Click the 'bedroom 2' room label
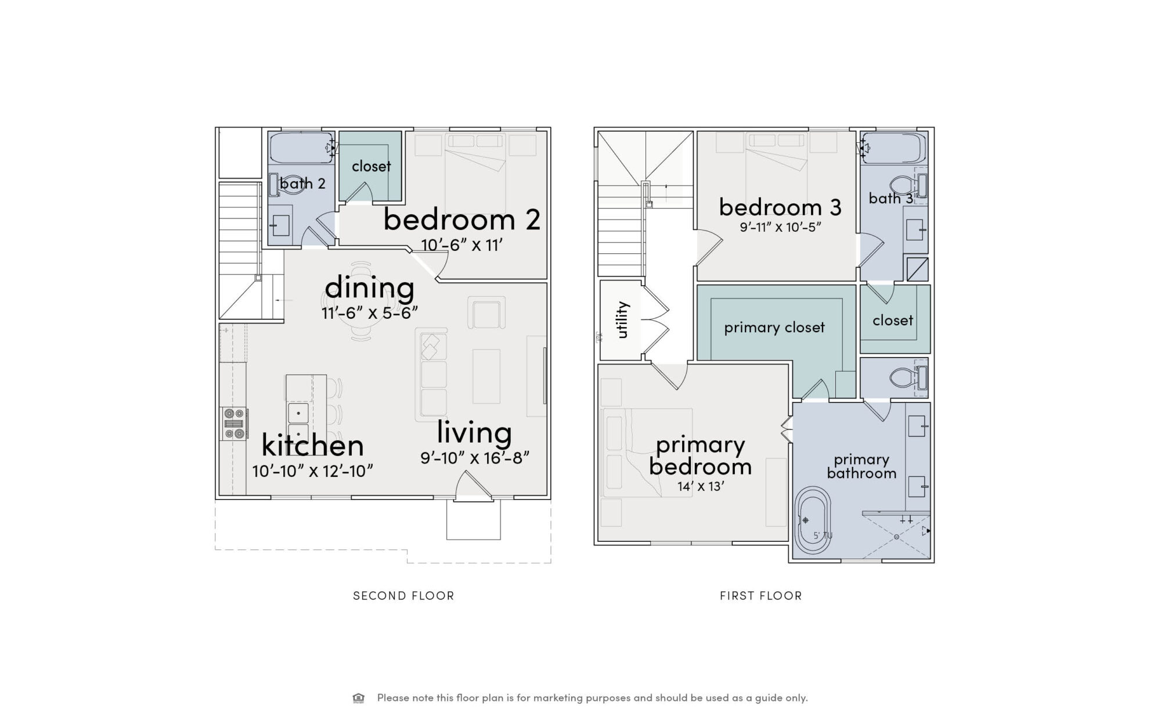pos(462,220)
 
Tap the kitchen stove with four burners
pos(235,424)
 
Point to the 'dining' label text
pos(370,287)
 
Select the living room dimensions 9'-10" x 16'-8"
pos(475,458)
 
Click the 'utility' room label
pos(622,319)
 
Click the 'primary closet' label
pos(774,328)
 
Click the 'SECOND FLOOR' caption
pos(403,595)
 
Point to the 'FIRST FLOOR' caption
pos(760,595)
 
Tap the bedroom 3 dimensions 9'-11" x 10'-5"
pos(780,227)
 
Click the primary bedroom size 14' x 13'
pos(701,486)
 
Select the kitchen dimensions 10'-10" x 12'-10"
pos(312,471)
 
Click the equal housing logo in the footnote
pos(359,698)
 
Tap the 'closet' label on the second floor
pos(372,166)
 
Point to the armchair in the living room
pos(486,314)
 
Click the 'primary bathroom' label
pos(861,466)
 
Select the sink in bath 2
pos(281,225)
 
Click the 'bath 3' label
pos(890,199)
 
